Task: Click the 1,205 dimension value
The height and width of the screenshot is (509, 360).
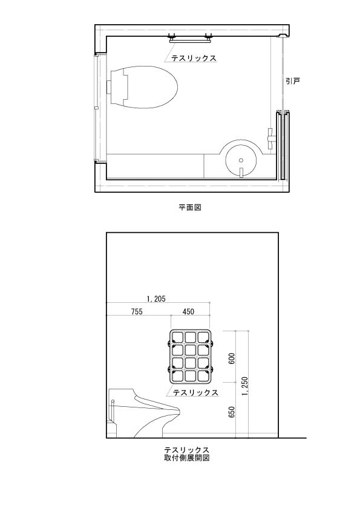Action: coord(156,299)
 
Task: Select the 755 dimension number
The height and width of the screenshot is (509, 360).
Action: coord(137,312)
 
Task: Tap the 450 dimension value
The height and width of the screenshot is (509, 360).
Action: coord(188,312)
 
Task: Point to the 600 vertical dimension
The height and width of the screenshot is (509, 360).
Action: coord(232,358)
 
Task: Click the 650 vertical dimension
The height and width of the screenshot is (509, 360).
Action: coord(232,412)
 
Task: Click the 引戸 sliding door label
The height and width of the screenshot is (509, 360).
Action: coord(292,81)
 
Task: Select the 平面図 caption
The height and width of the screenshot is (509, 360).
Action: coord(190,207)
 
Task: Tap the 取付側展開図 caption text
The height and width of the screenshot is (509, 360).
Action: coord(186,458)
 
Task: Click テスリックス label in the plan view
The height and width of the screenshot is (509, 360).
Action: coord(194,58)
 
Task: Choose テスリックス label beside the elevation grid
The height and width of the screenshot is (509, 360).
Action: coord(195,392)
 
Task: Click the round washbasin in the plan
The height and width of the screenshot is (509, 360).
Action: coord(241,160)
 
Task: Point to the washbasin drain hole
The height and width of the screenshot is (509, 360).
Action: coord(241,160)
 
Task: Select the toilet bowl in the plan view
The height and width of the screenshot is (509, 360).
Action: coord(143,87)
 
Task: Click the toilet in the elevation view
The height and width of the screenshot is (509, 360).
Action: coord(143,413)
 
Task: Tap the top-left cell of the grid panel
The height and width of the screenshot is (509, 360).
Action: coord(177,337)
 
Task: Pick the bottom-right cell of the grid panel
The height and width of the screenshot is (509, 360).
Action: coord(203,375)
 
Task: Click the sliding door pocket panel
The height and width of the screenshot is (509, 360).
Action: coord(283,146)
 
